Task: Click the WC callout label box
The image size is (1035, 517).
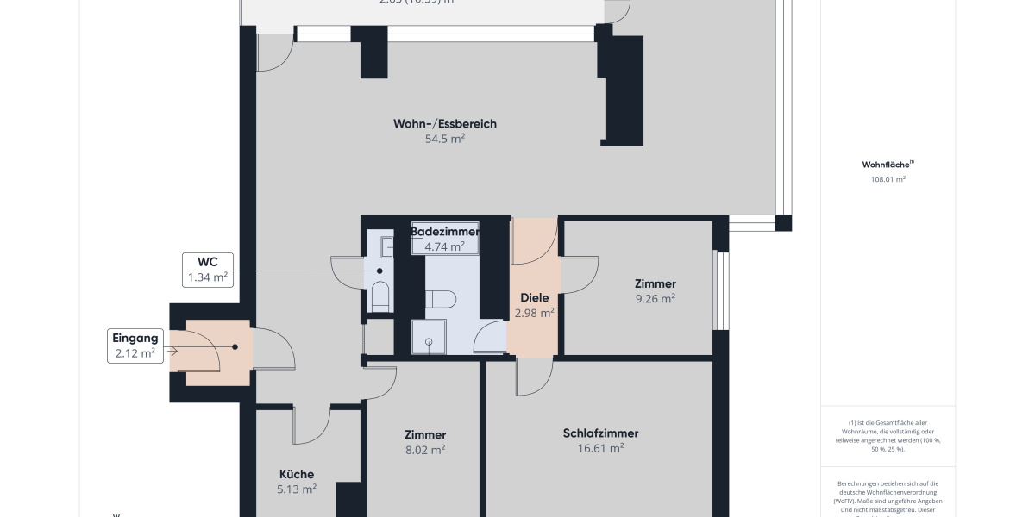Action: [207, 270]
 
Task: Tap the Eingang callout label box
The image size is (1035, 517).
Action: [135, 346]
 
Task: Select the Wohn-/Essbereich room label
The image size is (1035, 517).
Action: [445, 124]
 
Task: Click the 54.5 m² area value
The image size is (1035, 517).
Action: [445, 138]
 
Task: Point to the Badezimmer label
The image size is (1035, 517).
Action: [445, 232]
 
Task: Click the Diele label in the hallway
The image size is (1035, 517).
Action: [534, 298]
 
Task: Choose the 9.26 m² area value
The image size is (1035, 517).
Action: [655, 299]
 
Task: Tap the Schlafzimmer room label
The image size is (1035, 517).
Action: [600, 433]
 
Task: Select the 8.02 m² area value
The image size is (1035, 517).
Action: [425, 449]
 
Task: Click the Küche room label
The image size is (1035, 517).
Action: [297, 474]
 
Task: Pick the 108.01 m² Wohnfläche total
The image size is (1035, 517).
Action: [888, 180]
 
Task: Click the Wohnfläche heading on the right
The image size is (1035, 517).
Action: [887, 165]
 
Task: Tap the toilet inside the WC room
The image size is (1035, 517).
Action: [380, 295]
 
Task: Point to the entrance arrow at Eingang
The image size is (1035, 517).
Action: [172, 351]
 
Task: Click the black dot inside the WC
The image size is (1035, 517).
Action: [379, 271]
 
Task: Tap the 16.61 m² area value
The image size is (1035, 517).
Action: [600, 448]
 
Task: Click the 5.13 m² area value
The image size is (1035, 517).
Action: [297, 489]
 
